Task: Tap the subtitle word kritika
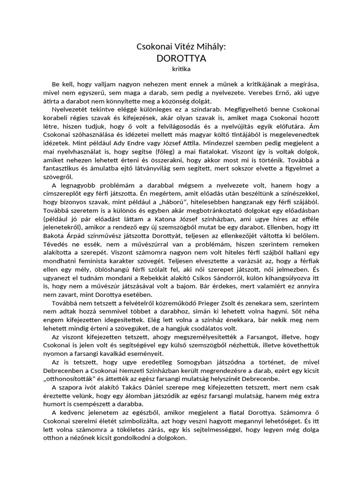(181, 69)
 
